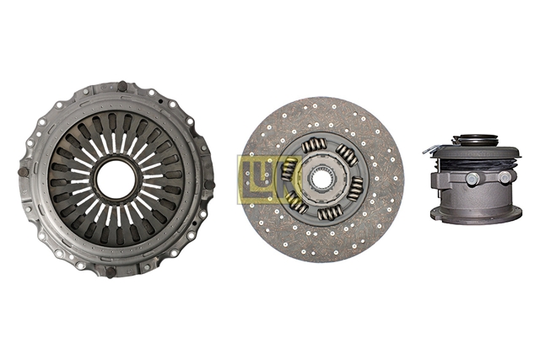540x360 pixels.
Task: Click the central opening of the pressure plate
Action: coord(116,179)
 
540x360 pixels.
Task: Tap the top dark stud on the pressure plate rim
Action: coord(121,86)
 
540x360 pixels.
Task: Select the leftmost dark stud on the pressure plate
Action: coord(24,172)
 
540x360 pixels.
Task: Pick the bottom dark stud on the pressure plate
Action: coord(111,272)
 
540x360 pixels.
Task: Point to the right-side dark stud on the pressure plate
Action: coord(209,185)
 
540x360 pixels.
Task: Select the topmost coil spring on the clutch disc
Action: coord(314,146)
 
